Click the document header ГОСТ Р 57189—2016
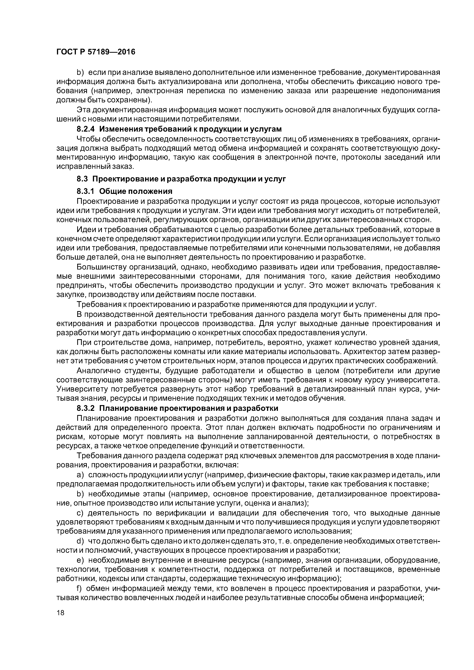[96, 52]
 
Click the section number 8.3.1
[86, 191]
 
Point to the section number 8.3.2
[86, 408]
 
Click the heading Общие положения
[136, 191]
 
